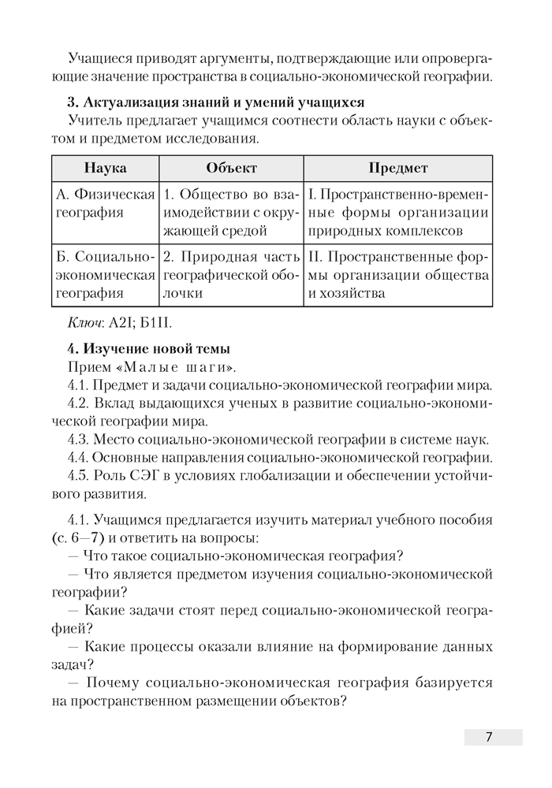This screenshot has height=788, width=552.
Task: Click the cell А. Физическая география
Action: (105, 203)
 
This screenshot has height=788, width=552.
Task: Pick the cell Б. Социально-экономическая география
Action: (105, 275)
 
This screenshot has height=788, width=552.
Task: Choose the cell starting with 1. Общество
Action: (232, 212)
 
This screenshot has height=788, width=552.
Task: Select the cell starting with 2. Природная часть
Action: (232, 275)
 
